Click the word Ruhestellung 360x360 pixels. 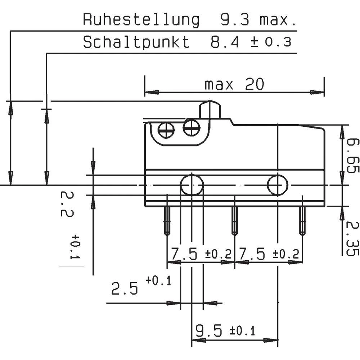tap(141, 20)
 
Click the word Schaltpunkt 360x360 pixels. tap(136, 42)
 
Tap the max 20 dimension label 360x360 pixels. tap(234, 85)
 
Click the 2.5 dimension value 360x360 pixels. tap(125, 289)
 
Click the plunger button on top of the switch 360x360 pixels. tap(210, 111)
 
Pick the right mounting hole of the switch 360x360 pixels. tap(278, 185)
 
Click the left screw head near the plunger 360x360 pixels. tap(166, 130)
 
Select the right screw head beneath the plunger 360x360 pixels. tap(191, 127)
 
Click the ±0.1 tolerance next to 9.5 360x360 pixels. tap(242, 330)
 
